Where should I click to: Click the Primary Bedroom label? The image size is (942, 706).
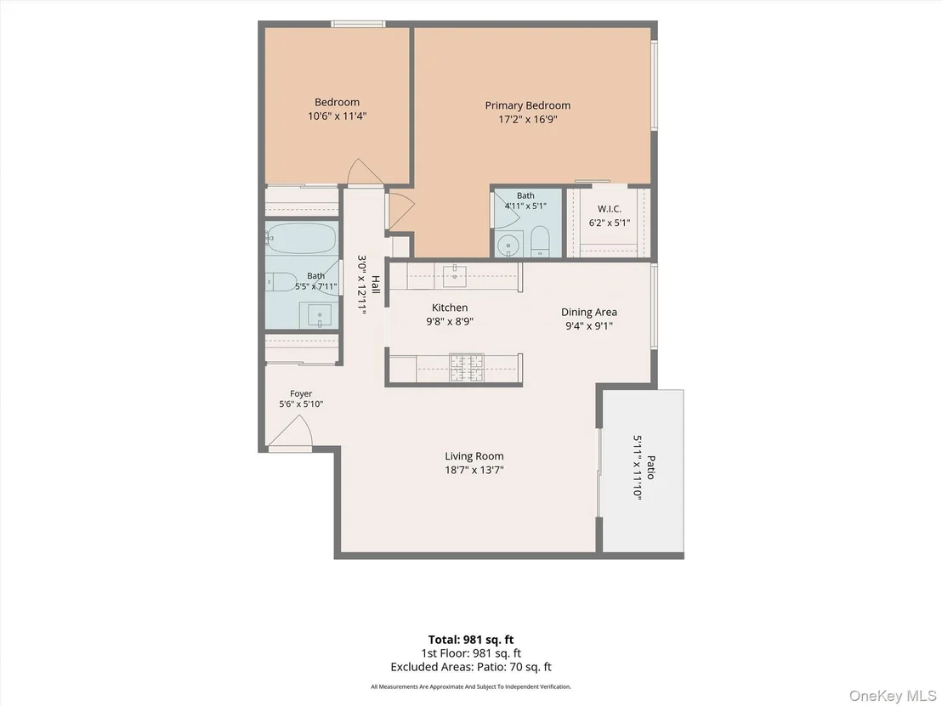click(x=527, y=105)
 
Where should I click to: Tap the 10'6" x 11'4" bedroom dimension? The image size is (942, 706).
click(x=337, y=116)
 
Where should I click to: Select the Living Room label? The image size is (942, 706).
click(x=474, y=456)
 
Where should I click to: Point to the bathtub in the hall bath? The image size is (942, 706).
click(x=302, y=239)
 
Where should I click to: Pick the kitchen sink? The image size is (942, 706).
click(x=455, y=275)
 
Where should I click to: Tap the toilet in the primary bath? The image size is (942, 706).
click(x=540, y=241)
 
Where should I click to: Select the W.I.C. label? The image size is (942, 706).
click(x=610, y=209)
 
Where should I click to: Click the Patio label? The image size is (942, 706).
click(x=650, y=467)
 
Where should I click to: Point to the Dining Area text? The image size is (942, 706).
click(x=588, y=312)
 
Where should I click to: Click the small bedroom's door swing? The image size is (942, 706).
click(x=365, y=171)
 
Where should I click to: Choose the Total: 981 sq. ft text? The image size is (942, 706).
click(x=471, y=640)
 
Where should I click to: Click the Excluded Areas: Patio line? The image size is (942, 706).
click(x=471, y=667)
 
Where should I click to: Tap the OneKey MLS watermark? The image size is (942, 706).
click(x=892, y=696)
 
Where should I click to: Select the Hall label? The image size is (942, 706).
click(x=376, y=284)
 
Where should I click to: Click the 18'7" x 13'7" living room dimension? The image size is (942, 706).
click(x=474, y=470)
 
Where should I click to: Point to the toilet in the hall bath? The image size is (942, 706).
click(x=281, y=281)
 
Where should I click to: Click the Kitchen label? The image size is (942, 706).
click(x=450, y=308)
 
